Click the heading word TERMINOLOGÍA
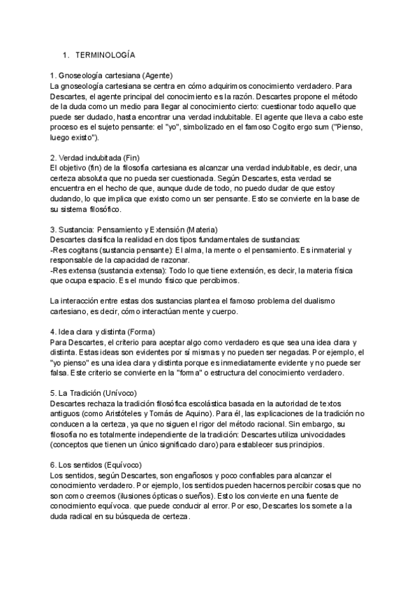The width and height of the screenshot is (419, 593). point(105,55)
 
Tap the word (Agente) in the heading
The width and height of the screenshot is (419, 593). point(157,75)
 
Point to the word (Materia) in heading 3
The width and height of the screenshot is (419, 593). point(200,229)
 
